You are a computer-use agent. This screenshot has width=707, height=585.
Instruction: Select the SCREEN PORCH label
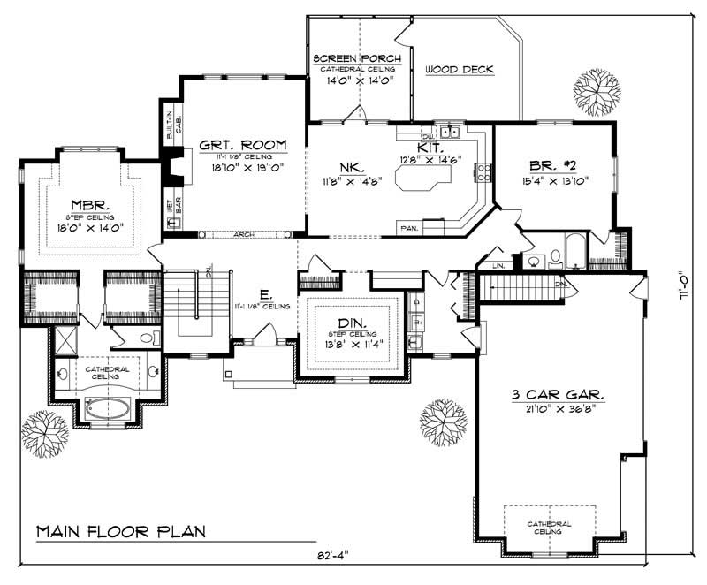pos(357,59)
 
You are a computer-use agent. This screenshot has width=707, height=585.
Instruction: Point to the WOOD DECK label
pos(459,70)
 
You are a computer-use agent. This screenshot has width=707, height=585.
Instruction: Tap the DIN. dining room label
pos(353,323)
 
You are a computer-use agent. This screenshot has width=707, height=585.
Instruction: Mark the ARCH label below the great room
pos(245,235)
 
